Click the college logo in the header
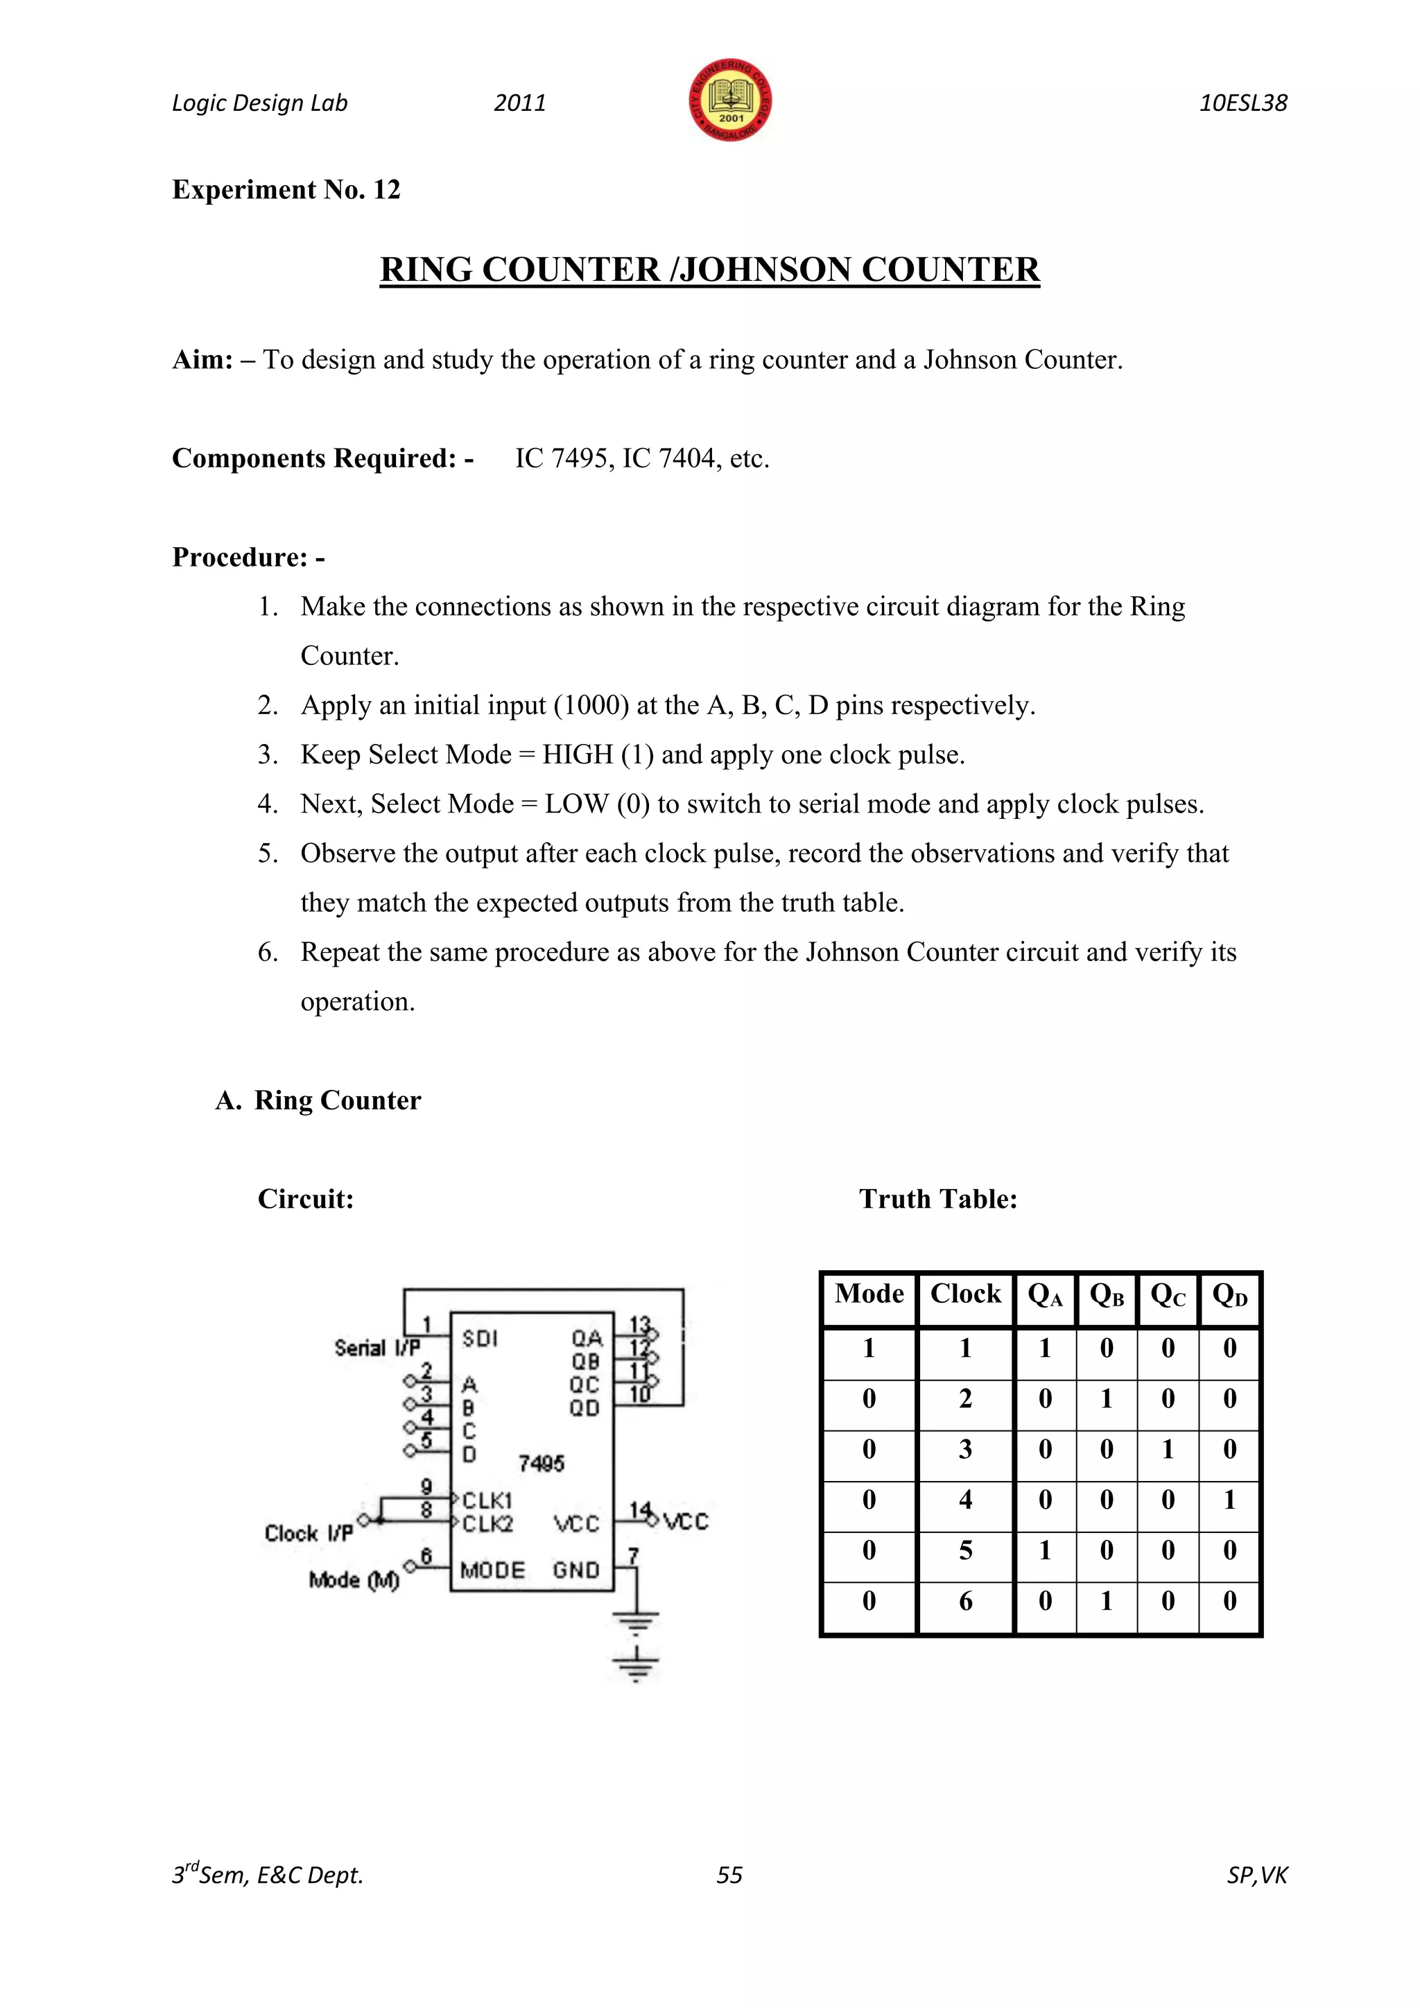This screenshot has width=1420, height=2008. coord(730,101)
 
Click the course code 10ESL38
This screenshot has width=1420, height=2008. coord(1242,103)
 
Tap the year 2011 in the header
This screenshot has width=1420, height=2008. coord(519,103)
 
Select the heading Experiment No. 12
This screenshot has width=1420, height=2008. coord(286,190)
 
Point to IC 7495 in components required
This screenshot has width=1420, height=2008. coord(564,458)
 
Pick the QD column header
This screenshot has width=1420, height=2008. coord(1229,1295)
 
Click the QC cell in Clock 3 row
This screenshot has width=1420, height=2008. coord(1168,1449)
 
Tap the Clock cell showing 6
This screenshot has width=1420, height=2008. coord(965,1600)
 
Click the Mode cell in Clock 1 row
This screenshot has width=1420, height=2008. coord(868,1348)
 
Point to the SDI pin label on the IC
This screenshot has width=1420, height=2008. coord(480,1338)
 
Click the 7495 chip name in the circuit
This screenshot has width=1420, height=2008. coord(542,1463)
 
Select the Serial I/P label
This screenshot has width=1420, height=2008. coord(377,1348)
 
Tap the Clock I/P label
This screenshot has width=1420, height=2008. coord(309,1533)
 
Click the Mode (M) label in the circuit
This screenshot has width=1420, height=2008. coord(353,1579)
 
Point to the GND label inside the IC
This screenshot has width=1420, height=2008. coord(575,1570)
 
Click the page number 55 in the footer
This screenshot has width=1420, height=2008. coord(729,1875)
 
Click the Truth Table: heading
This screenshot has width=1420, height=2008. coord(937,1198)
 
